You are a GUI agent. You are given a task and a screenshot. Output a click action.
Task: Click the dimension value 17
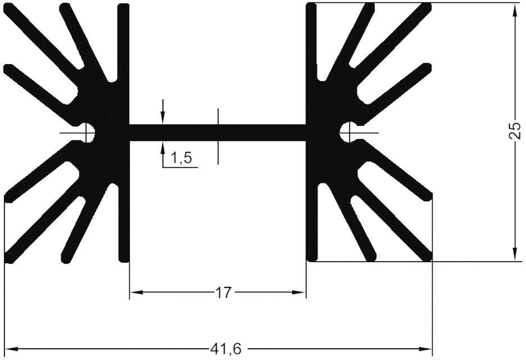click(x=223, y=292)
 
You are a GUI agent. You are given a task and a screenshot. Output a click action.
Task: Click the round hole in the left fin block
click(x=87, y=132)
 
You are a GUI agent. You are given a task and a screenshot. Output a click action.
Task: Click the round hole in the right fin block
click(x=348, y=132)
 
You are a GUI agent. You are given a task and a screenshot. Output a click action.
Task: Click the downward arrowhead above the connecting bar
click(x=163, y=118)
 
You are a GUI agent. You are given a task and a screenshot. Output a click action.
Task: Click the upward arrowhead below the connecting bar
click(x=163, y=147)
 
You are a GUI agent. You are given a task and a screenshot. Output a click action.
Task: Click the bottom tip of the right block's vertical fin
click(x=311, y=258)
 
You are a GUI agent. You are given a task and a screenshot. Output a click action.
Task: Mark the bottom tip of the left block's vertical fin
click(x=124, y=258)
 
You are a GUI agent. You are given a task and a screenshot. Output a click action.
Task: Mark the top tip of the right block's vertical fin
click(x=311, y=7)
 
